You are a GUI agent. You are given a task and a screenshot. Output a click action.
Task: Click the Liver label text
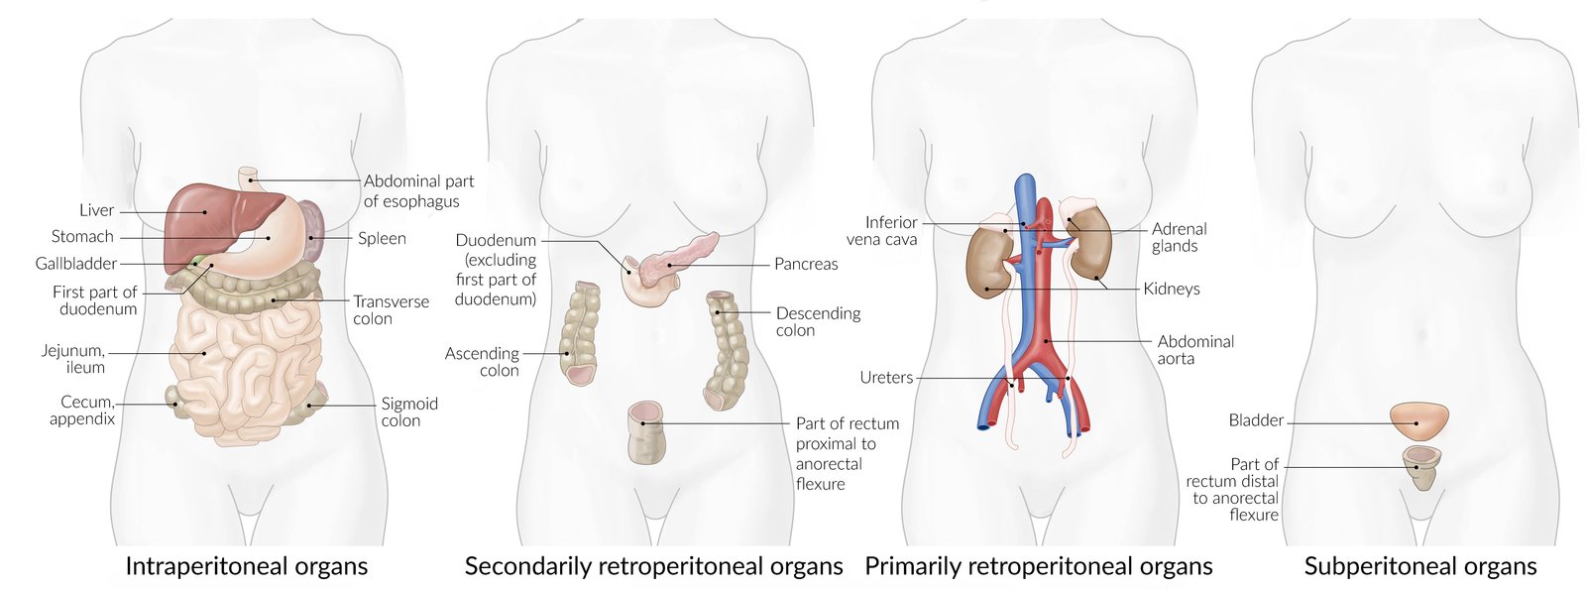click(x=96, y=210)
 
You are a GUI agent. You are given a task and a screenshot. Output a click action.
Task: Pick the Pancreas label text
click(x=806, y=264)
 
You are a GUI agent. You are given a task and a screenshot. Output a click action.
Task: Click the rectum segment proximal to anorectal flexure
click(x=646, y=432)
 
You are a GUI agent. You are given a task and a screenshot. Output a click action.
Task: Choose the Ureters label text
click(x=886, y=378)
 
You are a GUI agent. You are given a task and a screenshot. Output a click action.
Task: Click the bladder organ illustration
click(x=1418, y=421)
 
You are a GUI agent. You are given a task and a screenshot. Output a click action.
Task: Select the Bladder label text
click(x=1256, y=420)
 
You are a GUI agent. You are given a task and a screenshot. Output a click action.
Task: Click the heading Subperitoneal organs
click(x=1419, y=566)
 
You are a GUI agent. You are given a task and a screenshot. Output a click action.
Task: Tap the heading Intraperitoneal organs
click(x=246, y=566)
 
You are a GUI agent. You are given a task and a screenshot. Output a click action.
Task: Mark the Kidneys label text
click(x=1171, y=289)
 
